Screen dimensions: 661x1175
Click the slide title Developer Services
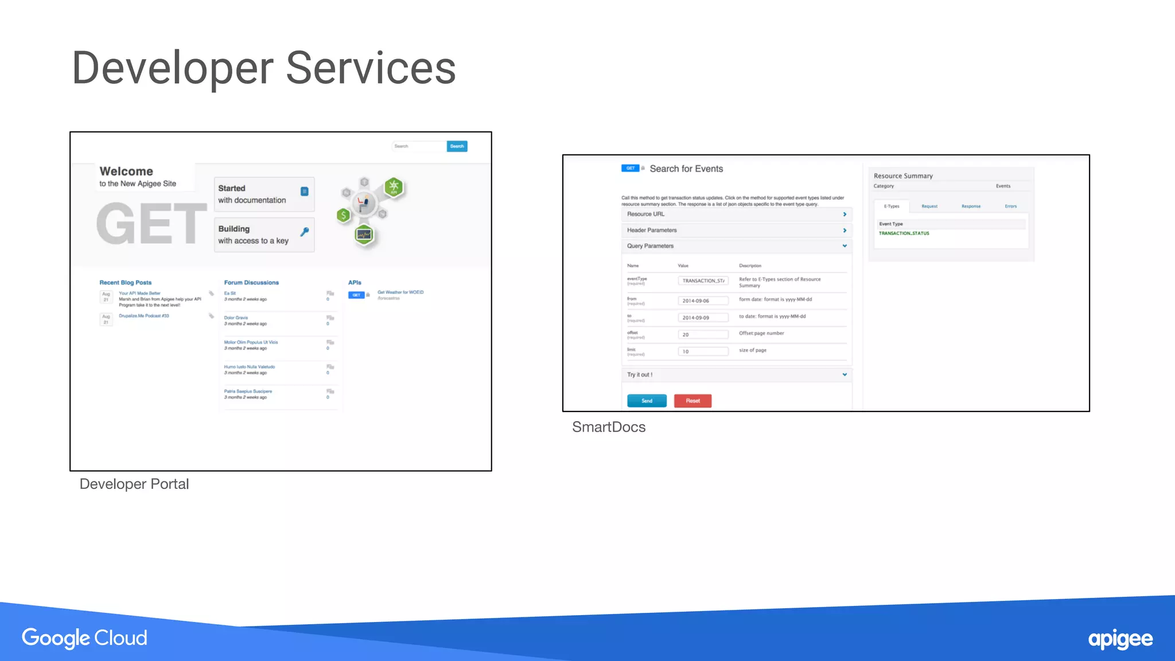tap(263, 68)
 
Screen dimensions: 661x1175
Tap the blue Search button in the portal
tap(457, 146)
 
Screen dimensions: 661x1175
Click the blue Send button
tap(647, 401)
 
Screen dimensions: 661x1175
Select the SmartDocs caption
tap(608, 427)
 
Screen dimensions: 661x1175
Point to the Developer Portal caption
tap(134, 484)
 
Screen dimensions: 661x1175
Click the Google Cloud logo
tap(84, 637)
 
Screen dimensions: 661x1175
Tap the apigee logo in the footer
tap(1120, 639)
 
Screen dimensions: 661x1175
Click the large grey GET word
tap(151, 224)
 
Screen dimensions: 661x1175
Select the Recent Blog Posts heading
tap(126, 282)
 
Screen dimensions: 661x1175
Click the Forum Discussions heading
tap(251, 282)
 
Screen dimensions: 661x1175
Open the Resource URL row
tap(736, 214)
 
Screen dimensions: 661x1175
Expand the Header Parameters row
tap(736, 230)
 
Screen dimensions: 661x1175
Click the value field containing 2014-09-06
tap(703, 301)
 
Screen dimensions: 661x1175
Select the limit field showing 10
tap(703, 351)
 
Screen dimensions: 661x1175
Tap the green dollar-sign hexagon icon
tap(344, 215)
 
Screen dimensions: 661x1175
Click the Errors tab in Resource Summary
tap(1010, 206)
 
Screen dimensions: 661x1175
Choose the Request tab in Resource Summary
tap(929, 206)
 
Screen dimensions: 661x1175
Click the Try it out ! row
tap(736, 375)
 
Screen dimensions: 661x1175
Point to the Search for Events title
tap(686, 169)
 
